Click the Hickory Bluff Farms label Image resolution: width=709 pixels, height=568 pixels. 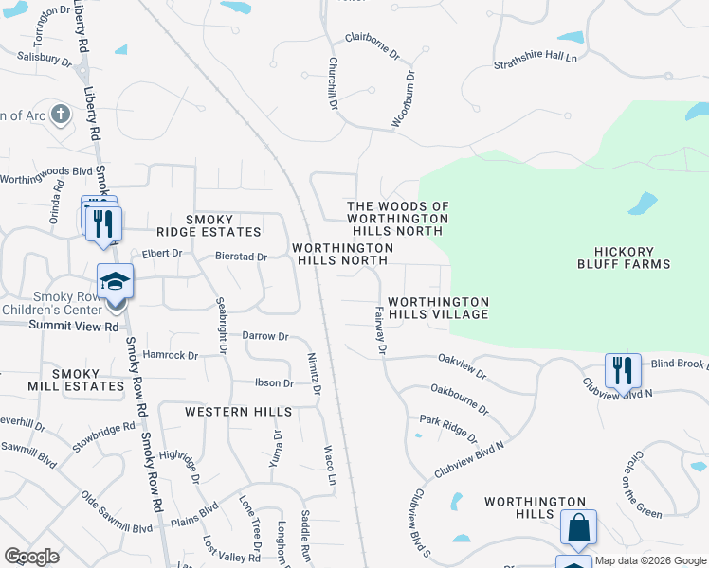click(623, 257)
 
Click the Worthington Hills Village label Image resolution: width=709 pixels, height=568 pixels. click(438, 308)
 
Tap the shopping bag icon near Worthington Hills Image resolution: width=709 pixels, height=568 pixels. click(578, 526)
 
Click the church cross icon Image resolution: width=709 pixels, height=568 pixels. click(61, 115)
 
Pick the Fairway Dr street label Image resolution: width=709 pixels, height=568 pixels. click(380, 330)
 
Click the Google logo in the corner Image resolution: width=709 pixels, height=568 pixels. click(31, 557)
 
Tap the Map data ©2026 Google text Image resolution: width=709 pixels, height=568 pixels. click(650, 560)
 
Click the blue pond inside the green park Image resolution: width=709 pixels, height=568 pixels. click(642, 204)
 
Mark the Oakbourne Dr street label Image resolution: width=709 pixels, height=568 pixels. click(459, 399)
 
